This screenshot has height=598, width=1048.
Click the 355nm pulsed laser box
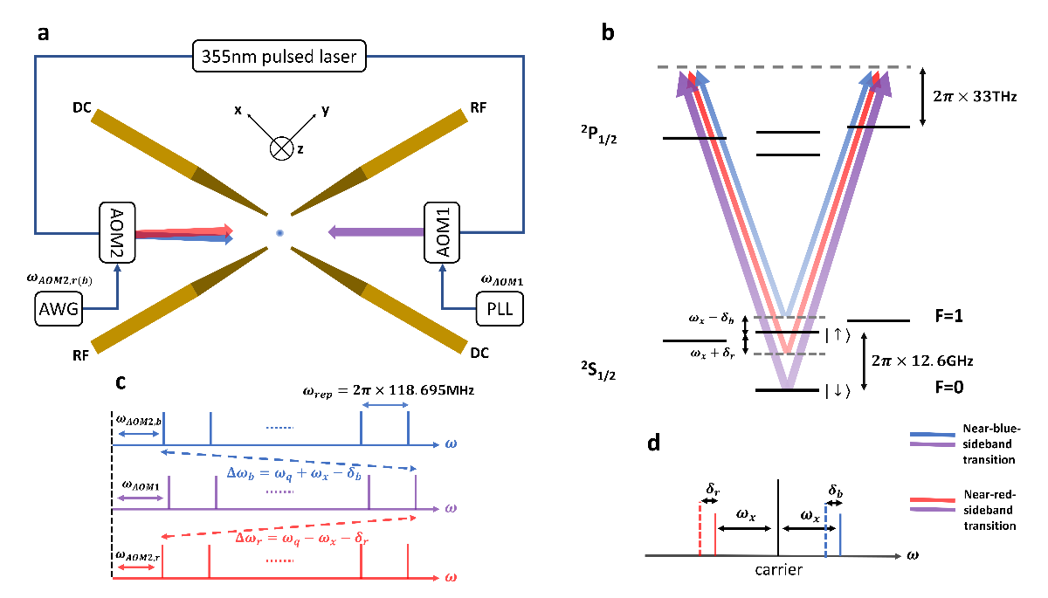pyautogui.click(x=279, y=60)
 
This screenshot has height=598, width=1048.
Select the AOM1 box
pyautogui.click(x=440, y=232)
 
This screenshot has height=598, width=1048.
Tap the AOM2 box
pyautogui.click(x=116, y=232)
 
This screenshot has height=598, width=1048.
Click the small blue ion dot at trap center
pyautogui.click(x=279, y=233)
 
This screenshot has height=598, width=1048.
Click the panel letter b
pyautogui.click(x=609, y=33)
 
